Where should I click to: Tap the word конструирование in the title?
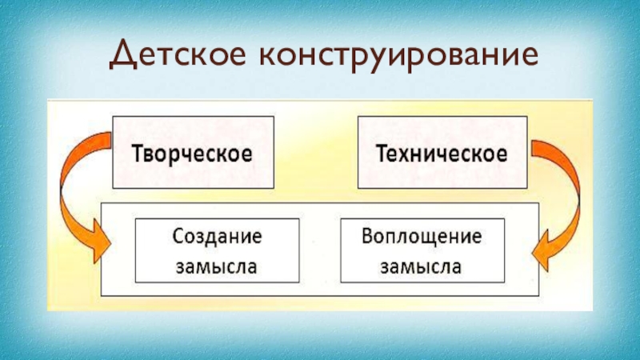pyautogui.click(x=392, y=55)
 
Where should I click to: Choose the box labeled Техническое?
pyautogui.click(x=442, y=152)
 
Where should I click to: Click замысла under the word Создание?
pyautogui.click(x=216, y=266)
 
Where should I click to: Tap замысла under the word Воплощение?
pyautogui.click(x=421, y=266)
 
